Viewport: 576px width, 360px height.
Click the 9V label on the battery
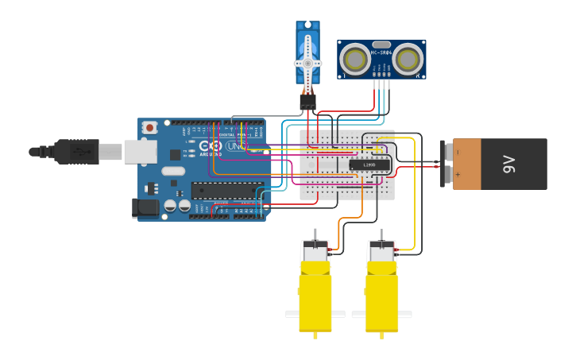click(509, 165)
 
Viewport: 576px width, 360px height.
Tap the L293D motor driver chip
click(369, 165)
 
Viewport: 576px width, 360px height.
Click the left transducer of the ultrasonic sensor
click(354, 58)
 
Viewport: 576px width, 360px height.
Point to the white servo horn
click(307, 62)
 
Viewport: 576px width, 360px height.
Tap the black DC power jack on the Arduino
click(145, 208)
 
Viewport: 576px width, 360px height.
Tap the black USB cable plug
click(76, 151)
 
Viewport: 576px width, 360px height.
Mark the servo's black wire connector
click(307, 103)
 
